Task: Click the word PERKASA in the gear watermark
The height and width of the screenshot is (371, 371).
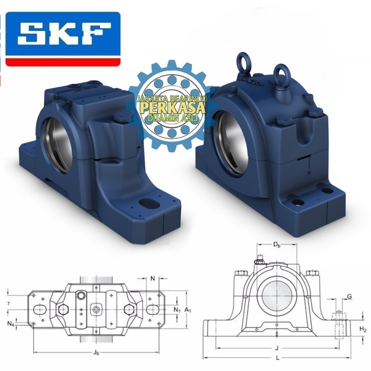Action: click(168, 108)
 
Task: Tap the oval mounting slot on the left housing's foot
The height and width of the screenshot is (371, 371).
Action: click(145, 202)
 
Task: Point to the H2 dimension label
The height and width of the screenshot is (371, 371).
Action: click(363, 329)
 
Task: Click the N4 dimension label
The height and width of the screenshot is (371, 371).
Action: click(11, 323)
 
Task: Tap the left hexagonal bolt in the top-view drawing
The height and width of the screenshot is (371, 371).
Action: click(63, 310)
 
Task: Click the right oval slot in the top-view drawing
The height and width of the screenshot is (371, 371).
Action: click(152, 310)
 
